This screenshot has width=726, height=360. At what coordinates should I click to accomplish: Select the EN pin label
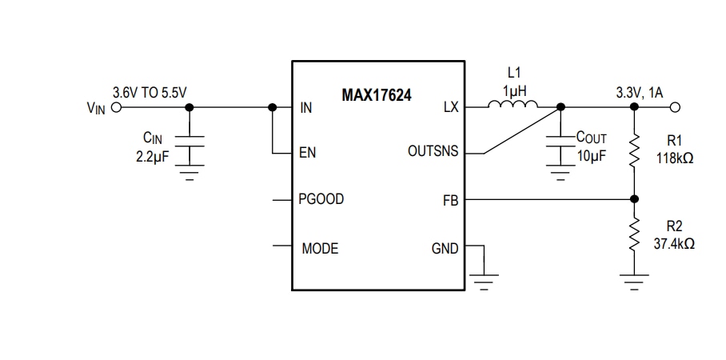tap(307, 153)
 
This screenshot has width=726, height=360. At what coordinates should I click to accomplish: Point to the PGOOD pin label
tap(321, 199)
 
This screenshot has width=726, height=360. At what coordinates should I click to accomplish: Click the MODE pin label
tap(320, 249)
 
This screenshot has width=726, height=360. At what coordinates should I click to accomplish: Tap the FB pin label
tap(450, 200)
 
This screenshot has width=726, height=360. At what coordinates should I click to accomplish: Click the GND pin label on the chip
tap(445, 249)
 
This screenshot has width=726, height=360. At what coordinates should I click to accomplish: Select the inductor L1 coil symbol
tap(513, 105)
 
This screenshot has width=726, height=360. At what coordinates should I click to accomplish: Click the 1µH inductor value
tap(514, 90)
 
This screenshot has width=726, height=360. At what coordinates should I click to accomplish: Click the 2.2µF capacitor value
tap(151, 156)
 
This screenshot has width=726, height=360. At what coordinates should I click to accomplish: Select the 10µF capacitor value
tap(591, 155)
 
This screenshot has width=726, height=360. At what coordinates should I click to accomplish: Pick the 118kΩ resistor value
tap(674, 158)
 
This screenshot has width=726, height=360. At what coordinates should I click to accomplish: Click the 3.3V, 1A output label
tap(639, 92)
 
